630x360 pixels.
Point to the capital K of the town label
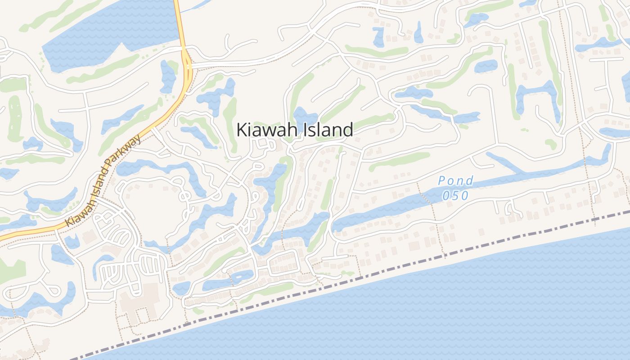241,130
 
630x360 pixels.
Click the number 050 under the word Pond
455,196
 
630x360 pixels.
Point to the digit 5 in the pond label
455,196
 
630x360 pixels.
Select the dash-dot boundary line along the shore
405,265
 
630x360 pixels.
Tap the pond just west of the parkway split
167,76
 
